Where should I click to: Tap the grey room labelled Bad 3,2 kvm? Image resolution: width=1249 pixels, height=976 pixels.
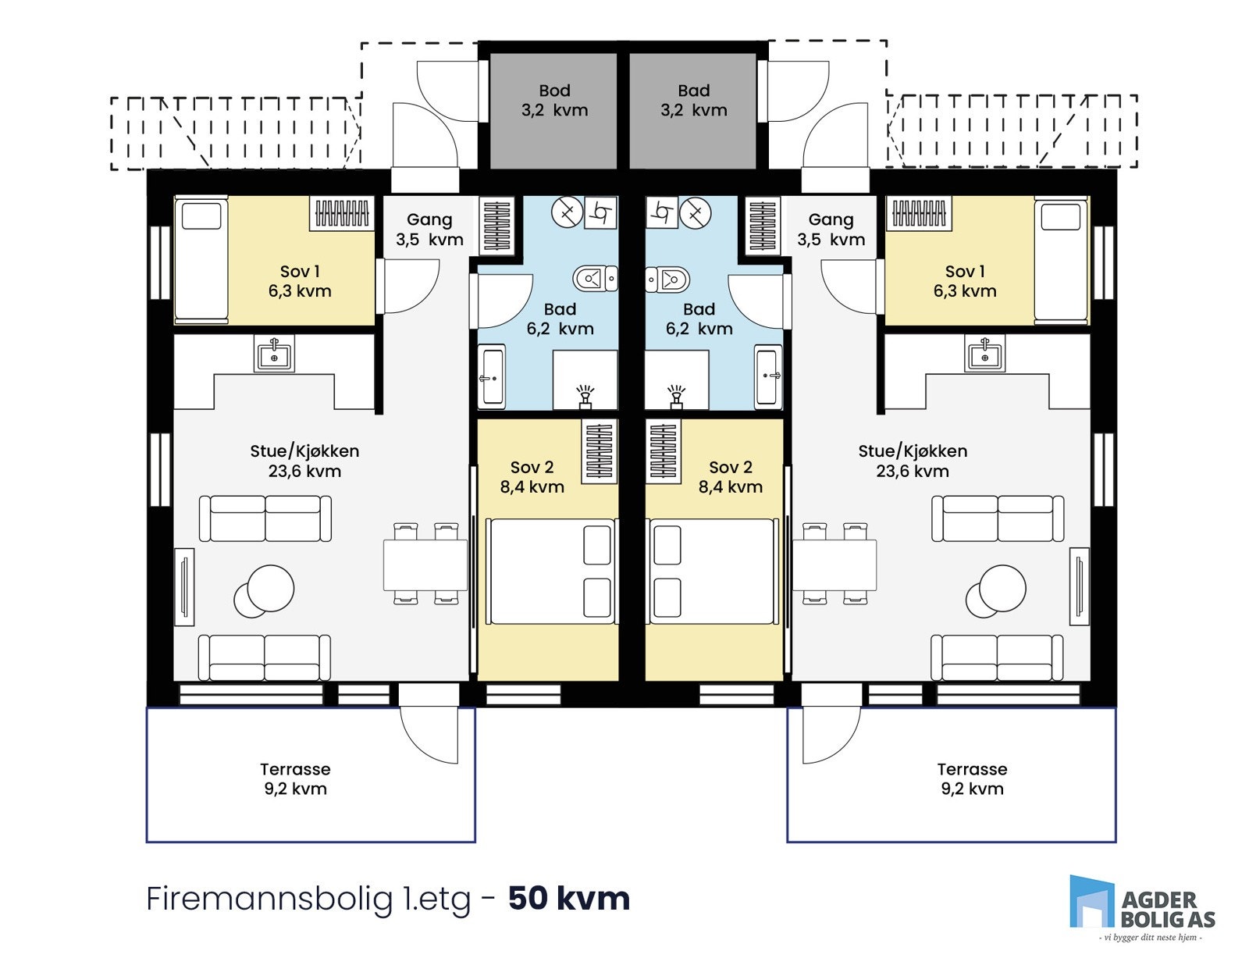693,109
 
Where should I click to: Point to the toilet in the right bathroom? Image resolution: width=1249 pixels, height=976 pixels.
668,278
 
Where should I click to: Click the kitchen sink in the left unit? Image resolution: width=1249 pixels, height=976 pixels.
274,355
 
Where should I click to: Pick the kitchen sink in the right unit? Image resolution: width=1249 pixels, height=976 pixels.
985,355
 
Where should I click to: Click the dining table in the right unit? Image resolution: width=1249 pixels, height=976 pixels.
834,565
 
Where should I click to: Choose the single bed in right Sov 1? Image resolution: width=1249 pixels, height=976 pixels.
1061,260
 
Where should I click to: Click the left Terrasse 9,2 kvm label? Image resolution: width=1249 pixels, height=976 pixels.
295,778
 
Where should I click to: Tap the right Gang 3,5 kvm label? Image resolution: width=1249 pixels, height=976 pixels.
831,230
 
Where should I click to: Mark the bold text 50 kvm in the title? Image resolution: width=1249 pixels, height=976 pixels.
569,898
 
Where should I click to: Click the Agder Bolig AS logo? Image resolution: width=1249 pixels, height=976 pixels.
1142,908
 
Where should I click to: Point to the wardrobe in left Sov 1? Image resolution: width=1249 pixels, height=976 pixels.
342,212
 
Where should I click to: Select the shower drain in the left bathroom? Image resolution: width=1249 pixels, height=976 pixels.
585,396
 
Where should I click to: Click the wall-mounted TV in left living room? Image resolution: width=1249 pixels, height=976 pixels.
184,586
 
